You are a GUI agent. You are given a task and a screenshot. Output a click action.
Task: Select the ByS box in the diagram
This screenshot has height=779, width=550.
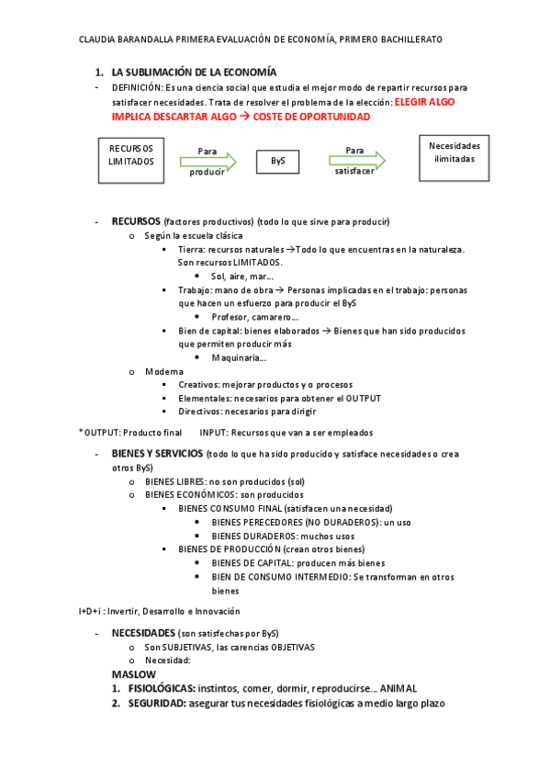tap(277, 161)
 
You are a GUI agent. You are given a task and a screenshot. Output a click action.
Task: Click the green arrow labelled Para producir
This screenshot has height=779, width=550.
tap(208, 161)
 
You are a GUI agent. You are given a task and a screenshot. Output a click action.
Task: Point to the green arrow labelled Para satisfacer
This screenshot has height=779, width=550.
tap(355, 160)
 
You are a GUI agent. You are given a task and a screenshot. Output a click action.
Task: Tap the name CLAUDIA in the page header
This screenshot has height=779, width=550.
tap(100, 40)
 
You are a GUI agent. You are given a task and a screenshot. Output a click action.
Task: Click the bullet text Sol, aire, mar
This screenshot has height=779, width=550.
tap(242, 276)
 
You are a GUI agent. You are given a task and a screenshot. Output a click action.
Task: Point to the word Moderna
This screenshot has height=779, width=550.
tap(164, 371)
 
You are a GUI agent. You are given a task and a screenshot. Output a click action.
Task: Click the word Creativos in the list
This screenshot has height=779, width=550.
tap(199, 385)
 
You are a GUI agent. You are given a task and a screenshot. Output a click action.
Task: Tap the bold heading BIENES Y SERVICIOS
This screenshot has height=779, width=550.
tap(157, 454)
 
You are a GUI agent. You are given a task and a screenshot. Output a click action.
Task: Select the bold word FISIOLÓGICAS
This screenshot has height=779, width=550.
tap(161, 688)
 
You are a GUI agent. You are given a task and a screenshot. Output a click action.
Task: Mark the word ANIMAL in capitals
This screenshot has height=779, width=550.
tap(399, 688)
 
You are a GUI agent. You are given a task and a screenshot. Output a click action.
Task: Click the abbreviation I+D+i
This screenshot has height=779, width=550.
tap(91, 610)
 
